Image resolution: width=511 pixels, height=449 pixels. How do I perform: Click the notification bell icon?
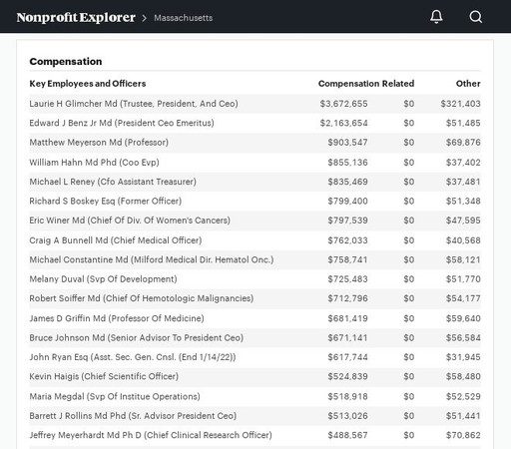[x=436, y=16]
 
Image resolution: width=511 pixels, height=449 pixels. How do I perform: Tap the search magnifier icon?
[x=476, y=17]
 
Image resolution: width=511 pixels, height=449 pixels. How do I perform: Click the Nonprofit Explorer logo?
[x=76, y=17]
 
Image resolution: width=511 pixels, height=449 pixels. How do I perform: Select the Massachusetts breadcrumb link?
[x=183, y=18]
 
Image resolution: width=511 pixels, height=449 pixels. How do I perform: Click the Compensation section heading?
[x=66, y=62]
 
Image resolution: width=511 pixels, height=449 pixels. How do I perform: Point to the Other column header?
[x=468, y=84]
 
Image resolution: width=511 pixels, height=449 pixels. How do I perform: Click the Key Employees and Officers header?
[x=88, y=84]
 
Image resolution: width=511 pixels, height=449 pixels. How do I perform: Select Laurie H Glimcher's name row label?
[x=134, y=104]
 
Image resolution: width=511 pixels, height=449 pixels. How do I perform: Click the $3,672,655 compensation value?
[x=343, y=104]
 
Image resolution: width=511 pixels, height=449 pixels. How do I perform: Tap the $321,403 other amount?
[x=460, y=104]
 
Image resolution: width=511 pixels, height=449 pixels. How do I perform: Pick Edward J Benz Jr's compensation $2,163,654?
[x=343, y=123]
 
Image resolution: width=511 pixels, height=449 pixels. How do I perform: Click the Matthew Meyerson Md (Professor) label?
[x=99, y=143]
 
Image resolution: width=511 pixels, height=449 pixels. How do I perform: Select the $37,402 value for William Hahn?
[x=463, y=163]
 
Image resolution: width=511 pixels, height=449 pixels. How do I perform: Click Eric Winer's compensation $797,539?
[x=347, y=221]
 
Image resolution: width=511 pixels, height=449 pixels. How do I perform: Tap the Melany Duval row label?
[x=103, y=279]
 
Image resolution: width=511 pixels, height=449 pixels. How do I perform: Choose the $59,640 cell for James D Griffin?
[x=463, y=318]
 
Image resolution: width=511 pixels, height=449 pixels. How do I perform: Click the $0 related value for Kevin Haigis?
[x=409, y=376]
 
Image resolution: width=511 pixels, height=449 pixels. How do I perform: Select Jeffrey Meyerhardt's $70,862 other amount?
[x=463, y=435]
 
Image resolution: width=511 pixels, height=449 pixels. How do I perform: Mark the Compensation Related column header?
[x=366, y=84]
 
